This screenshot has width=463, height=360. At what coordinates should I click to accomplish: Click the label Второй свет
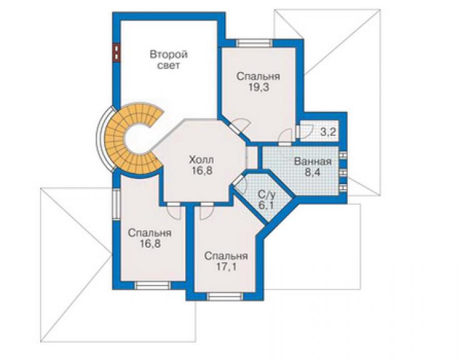[x=168, y=60]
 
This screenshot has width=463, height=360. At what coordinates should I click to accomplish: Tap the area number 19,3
[x=258, y=88]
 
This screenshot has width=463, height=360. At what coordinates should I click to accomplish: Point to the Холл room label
[x=201, y=160]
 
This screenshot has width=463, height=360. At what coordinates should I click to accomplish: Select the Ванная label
[x=313, y=162]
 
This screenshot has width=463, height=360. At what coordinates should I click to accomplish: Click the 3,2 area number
[x=328, y=132]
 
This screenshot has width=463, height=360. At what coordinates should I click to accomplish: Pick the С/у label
[x=267, y=195]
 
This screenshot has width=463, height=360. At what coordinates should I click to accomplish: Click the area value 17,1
[x=226, y=267]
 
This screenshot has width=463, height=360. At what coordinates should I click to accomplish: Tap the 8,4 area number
[x=312, y=172]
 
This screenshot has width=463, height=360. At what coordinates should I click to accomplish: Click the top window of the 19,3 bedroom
[x=254, y=43]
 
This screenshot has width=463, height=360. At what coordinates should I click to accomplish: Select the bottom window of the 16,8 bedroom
[x=153, y=285]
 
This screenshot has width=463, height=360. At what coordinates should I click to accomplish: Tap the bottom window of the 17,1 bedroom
[x=225, y=297]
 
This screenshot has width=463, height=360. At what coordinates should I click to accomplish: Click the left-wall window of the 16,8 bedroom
[x=116, y=204]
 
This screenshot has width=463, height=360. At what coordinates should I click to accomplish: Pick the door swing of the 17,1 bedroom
[x=206, y=212]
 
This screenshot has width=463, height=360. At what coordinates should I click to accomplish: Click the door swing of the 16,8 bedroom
[x=173, y=212]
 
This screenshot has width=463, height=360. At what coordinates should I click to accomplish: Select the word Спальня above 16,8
[x=150, y=233]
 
